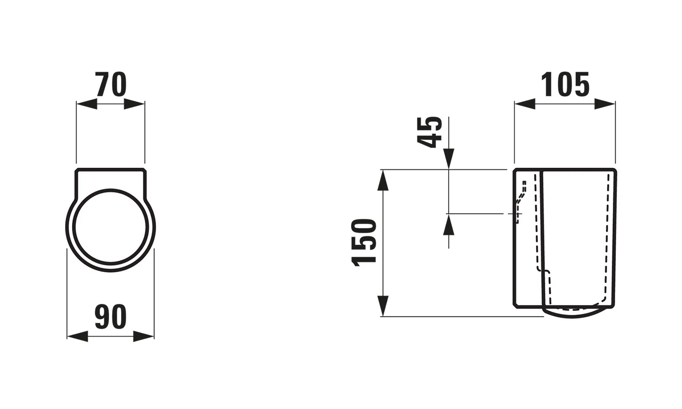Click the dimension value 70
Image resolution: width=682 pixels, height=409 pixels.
click(111, 85)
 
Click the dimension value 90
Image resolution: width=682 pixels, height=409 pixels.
click(110, 317)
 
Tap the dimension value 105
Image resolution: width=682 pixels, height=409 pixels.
click(565, 85)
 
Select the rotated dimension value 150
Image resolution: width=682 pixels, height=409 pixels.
click(364, 242)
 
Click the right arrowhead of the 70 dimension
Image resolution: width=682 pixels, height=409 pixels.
click(134, 104)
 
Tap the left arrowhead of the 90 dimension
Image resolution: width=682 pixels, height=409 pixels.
click(77, 337)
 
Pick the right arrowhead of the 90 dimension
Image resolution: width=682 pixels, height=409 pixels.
click(144, 337)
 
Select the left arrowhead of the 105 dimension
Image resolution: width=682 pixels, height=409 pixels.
click(525, 104)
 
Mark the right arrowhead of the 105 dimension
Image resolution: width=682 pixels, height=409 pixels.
click(605, 104)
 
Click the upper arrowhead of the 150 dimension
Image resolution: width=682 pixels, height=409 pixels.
click(383, 180)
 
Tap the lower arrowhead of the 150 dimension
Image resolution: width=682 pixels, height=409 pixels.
click(383, 306)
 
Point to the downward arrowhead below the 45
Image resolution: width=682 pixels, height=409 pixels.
click(449, 159)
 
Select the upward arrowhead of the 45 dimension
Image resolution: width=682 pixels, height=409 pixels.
click(449, 225)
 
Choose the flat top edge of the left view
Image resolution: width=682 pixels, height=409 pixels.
click(111, 169)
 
